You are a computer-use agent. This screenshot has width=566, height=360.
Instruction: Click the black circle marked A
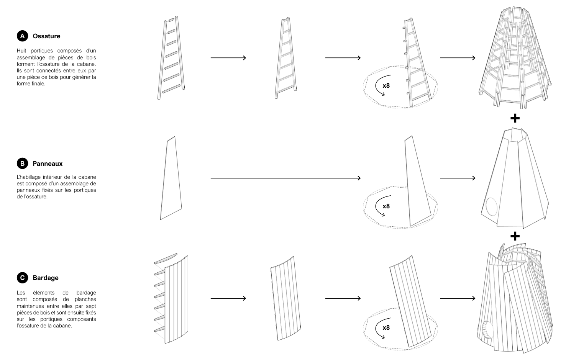(23, 36)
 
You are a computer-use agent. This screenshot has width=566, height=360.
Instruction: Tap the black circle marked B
(23, 164)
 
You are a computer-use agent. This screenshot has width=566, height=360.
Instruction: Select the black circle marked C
(23, 278)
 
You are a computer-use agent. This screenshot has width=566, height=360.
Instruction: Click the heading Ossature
(46, 36)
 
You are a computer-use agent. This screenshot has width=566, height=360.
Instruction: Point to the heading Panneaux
(48, 164)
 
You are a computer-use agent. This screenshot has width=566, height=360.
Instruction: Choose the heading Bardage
(46, 278)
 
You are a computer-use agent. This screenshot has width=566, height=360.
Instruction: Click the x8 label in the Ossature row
(386, 85)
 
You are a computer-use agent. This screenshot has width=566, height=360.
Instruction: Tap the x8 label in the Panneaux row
(386, 206)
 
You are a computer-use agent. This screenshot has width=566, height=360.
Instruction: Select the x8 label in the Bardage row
(386, 328)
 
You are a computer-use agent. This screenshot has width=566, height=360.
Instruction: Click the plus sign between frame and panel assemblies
(515, 118)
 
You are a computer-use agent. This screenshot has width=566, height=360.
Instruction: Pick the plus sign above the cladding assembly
(515, 236)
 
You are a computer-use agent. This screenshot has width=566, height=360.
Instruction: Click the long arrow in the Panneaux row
(285, 178)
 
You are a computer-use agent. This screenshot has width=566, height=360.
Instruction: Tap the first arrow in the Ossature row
(228, 58)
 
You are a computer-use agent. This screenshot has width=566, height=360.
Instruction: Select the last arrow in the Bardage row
(458, 298)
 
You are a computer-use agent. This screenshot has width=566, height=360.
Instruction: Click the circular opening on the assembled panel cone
(491, 206)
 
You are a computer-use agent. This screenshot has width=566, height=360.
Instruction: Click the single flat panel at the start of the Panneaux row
(171, 178)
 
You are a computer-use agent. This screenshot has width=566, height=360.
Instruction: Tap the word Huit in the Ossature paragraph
(21, 51)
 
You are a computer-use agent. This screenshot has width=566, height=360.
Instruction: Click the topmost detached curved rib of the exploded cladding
(166, 259)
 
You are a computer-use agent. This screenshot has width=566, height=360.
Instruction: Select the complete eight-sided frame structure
(515, 58)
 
